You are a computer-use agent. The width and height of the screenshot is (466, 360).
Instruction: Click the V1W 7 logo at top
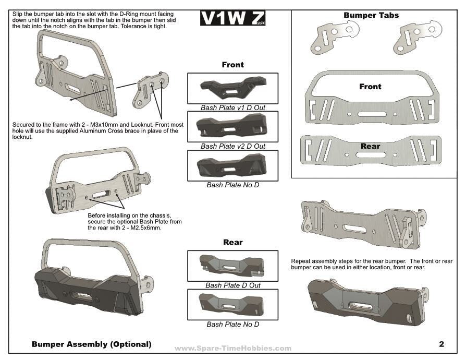tap(232, 19)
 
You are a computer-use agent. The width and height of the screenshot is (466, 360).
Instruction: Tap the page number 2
tap(442, 344)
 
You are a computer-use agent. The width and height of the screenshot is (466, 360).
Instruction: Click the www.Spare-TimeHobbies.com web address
tap(233, 348)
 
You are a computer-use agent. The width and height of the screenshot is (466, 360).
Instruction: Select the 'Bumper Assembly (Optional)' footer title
tap(91, 344)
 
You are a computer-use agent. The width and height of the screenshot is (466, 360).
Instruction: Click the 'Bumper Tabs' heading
tap(371, 15)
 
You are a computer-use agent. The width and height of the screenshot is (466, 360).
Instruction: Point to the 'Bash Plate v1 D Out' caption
tap(233, 107)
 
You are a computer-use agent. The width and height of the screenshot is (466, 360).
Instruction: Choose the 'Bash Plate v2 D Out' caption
tap(233, 146)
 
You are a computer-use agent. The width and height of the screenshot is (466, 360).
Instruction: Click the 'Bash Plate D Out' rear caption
tap(233, 285)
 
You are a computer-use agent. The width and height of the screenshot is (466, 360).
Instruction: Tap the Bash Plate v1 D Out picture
tap(232, 88)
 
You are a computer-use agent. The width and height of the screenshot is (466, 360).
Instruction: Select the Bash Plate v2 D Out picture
tap(232, 126)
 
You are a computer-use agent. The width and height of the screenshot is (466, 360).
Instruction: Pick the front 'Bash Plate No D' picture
tap(232, 165)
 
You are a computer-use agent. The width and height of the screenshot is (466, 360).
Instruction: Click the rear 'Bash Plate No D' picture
tap(232, 304)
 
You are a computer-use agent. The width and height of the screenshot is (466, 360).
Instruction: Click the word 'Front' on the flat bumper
tap(370, 87)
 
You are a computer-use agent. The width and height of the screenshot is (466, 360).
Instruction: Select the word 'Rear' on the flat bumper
tap(370, 146)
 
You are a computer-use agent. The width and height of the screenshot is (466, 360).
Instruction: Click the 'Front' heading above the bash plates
tap(232, 65)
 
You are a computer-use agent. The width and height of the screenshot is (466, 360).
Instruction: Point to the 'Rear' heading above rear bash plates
tap(232, 242)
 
